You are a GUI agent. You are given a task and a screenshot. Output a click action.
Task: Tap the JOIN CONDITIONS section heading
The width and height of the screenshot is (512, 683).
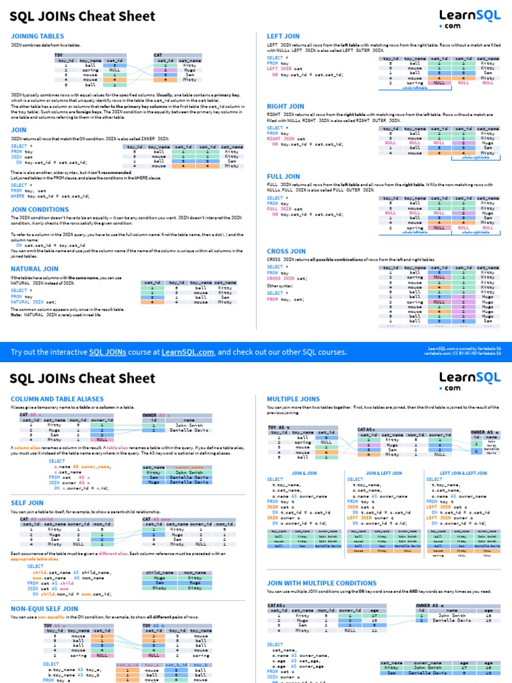point(39,209)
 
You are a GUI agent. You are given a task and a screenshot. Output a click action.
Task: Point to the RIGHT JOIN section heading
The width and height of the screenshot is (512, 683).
point(285,106)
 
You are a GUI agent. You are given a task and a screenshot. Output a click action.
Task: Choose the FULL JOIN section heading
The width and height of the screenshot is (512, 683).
point(283,177)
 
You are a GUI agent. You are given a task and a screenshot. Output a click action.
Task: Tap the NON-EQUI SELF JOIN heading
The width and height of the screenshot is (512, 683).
point(44,608)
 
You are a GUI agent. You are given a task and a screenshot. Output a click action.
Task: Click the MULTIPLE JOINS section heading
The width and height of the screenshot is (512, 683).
point(293,398)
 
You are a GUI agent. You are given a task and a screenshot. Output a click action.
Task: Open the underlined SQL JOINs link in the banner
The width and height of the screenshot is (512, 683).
point(110,352)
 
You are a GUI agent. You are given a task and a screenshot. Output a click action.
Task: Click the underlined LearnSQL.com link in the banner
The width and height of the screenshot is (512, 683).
point(187,352)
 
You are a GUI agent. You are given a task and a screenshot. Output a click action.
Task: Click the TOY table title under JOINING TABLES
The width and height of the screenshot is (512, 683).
point(59,55)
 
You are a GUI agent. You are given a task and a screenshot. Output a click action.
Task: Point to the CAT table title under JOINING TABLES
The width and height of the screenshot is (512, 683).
point(158,55)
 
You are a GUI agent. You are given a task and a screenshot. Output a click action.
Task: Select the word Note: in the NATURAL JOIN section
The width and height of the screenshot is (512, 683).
point(17,314)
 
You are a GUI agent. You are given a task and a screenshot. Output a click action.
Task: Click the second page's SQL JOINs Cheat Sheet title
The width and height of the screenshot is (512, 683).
point(82,379)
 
